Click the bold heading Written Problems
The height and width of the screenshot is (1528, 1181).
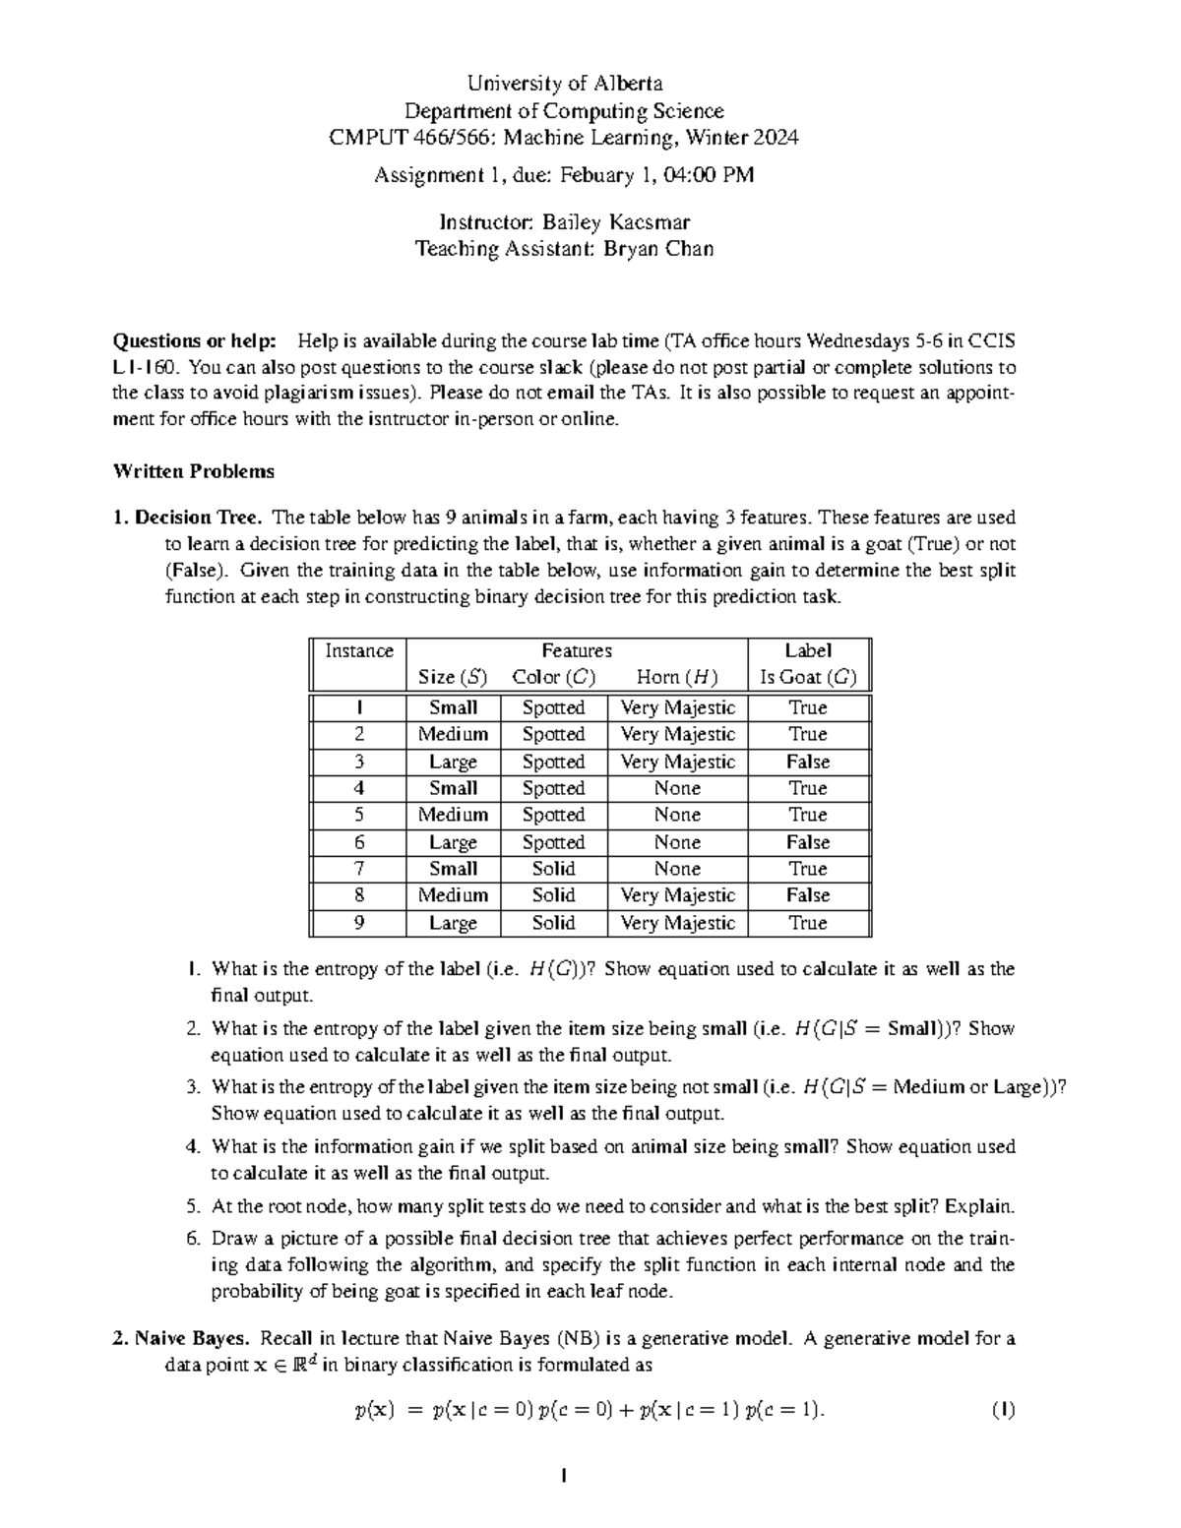(194, 471)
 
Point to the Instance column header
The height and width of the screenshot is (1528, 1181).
(358, 651)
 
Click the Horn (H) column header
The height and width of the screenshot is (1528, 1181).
(677, 677)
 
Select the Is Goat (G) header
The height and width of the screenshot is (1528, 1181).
(808, 677)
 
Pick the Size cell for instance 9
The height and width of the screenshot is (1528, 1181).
(453, 923)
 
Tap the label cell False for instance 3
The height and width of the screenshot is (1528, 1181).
(808, 762)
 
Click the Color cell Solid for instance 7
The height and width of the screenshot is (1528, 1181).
(553, 869)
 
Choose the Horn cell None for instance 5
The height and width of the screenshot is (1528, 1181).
(677, 815)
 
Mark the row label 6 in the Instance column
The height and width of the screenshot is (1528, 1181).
(359, 842)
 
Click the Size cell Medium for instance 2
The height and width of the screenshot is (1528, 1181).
(453, 734)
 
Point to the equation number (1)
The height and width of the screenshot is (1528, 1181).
(1003, 1410)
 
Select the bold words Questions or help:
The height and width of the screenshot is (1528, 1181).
(196, 341)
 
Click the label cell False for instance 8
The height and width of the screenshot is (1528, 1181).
(808, 895)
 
